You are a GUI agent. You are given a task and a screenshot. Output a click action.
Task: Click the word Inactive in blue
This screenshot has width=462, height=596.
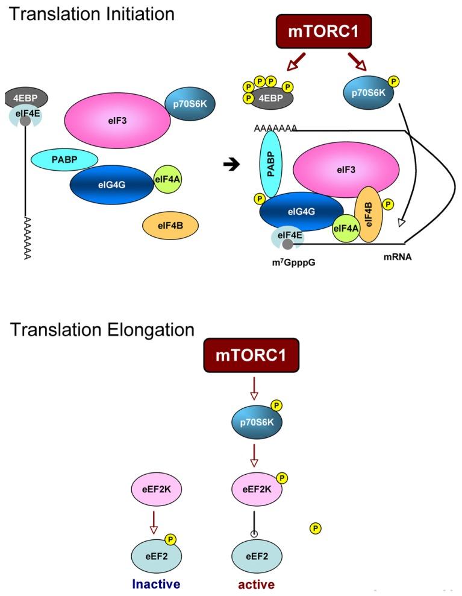pos(155,584)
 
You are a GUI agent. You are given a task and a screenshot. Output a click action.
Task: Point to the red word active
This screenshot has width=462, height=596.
pos(256,584)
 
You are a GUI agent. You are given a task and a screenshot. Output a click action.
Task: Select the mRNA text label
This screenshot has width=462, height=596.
pos(397,256)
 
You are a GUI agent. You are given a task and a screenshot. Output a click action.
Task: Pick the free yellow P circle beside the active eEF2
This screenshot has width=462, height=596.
pos(315,528)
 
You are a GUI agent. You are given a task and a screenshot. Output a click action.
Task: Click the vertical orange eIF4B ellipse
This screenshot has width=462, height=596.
pos(369,214)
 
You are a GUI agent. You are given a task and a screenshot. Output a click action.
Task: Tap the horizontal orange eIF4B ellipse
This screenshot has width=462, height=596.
pos(170,226)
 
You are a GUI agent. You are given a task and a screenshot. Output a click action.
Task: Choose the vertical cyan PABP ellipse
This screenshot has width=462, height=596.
pos(271,165)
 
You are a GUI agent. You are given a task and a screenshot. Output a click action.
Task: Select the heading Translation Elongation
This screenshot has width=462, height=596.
pos(101,329)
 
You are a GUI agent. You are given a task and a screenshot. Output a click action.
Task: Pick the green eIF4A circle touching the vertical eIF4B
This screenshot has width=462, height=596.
pos(346,227)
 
